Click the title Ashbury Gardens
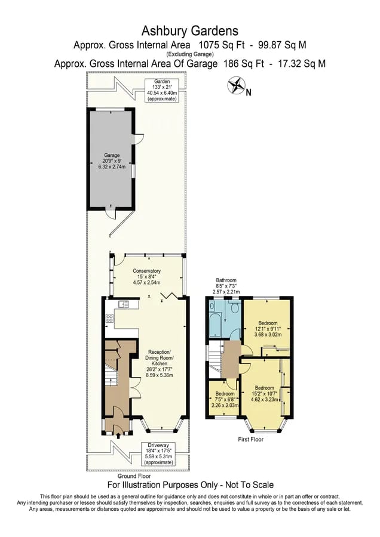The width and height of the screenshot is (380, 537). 189,31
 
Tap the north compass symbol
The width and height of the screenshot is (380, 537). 236,85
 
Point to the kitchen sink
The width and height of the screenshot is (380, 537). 124,304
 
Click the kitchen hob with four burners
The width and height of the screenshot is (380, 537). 110,319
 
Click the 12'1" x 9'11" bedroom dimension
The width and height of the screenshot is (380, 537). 268,329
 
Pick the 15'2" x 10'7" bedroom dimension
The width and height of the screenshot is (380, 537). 265,394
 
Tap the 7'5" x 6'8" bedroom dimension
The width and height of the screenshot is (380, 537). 225,399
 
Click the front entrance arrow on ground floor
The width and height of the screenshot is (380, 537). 119,436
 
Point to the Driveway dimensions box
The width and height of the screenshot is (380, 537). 158,454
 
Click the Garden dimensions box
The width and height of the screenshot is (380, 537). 161,90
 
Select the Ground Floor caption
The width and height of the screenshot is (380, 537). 134,476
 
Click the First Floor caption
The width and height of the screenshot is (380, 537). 251,439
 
